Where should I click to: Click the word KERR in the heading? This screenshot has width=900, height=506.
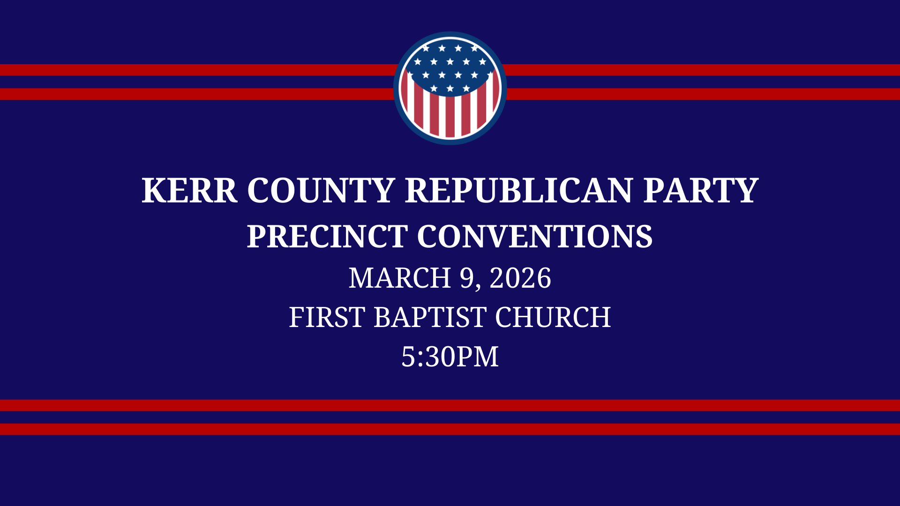(189, 191)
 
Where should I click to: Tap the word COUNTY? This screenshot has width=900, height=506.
(321, 191)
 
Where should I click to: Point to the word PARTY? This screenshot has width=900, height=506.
(700, 191)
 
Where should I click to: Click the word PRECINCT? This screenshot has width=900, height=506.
(327, 237)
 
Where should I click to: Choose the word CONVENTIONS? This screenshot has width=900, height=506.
(534, 237)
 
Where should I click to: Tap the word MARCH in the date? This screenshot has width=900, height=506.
(399, 278)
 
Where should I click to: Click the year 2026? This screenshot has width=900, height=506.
(520, 278)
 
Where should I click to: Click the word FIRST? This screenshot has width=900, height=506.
(327, 317)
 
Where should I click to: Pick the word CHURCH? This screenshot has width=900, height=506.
(553, 317)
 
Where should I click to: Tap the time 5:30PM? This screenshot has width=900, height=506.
(450, 357)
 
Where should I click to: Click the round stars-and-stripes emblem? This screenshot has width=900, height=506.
(450, 88)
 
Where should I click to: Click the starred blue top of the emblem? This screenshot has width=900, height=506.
(450, 66)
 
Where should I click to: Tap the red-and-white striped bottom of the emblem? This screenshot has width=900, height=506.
(450, 117)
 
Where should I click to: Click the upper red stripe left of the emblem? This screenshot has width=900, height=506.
(187, 70)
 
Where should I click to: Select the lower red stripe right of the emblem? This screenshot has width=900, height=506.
(703, 94)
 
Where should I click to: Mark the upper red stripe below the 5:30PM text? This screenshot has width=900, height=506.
(450, 405)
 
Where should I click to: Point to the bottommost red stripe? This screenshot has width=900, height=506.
(450, 429)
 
